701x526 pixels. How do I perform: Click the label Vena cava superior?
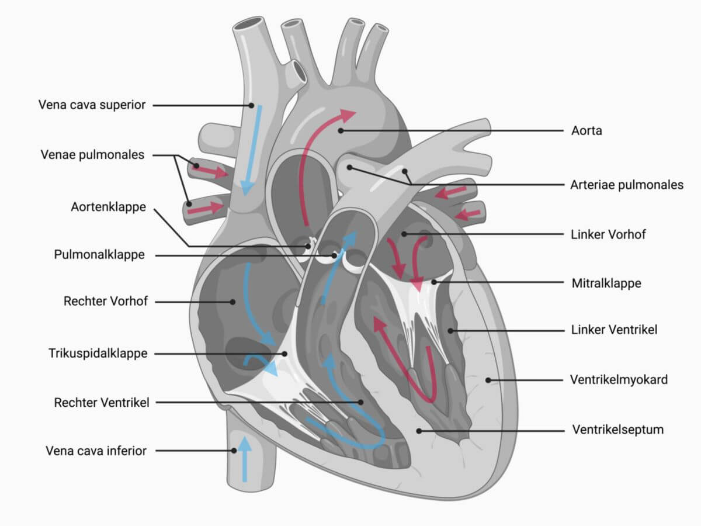pos(92,105)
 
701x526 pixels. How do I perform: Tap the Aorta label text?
pos(587,130)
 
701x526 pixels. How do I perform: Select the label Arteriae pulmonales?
pos(627,185)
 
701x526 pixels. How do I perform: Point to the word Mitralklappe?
pos(606,283)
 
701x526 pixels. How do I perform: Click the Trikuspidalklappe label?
pos(98,353)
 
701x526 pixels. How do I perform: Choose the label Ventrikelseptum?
pos(618,430)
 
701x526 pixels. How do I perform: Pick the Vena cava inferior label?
pos(96,451)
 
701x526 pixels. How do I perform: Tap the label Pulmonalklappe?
pos(99,255)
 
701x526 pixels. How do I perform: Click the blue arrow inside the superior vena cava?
pos(252,150)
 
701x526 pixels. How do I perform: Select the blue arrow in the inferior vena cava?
pos(245,459)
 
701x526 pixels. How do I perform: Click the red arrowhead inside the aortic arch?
pos(346,115)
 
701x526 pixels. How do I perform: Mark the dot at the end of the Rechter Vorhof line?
pos(233,302)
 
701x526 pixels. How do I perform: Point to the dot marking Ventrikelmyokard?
pos(488,380)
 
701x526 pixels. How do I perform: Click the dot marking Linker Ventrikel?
pos(450,331)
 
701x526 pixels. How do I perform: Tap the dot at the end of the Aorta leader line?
pos(341,130)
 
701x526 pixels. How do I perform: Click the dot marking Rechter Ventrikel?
pos(360,402)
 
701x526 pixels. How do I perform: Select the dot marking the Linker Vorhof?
pos(404,234)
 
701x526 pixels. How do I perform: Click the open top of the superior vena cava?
pos(249,25)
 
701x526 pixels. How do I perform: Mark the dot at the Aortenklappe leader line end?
pos(307,246)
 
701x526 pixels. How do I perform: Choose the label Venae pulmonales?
pos(93,155)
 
